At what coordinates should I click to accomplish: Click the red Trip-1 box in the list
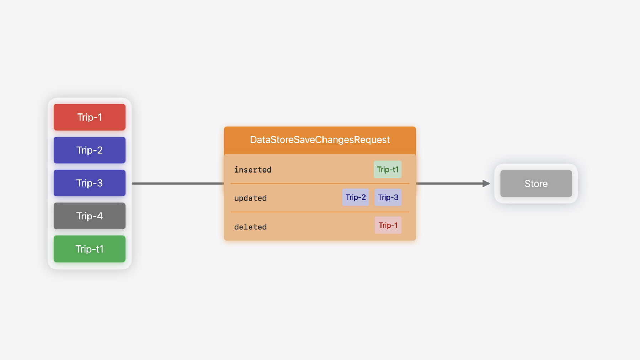[90, 117]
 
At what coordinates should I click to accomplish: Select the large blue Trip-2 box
[90, 150]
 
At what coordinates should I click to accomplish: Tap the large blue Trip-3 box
[90, 183]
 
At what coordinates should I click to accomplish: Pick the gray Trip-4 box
[90, 216]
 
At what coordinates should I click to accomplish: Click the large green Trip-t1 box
[90, 249]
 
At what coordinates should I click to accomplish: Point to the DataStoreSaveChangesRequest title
[320, 140]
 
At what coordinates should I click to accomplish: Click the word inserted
[253, 170]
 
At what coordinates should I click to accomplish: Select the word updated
[250, 198]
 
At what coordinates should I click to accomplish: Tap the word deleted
[250, 227]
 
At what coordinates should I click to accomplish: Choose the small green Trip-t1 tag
[388, 169]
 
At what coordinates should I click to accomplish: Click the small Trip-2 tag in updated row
[356, 197]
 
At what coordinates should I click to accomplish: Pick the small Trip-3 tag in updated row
[388, 197]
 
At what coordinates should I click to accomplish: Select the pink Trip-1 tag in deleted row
[388, 225]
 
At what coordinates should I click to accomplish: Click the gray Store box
[536, 184]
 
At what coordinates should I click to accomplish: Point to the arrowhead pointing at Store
[486, 184]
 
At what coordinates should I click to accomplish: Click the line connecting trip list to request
[178, 184]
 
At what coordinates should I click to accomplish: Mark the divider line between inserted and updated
[320, 184]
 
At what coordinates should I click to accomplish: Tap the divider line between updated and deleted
[320, 212]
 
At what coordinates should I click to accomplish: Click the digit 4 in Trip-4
[100, 216]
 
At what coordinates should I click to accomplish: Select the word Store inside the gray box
[536, 184]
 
